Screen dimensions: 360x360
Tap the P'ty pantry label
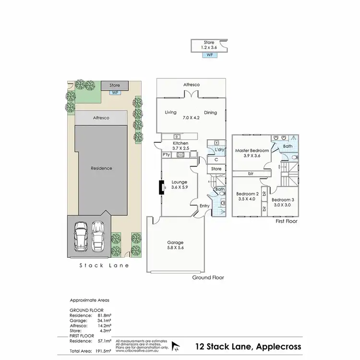click(x=167, y=155)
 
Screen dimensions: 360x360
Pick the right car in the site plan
click(x=98, y=235)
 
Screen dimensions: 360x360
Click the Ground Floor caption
click(x=208, y=277)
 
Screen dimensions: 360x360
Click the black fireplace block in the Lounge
click(x=161, y=187)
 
